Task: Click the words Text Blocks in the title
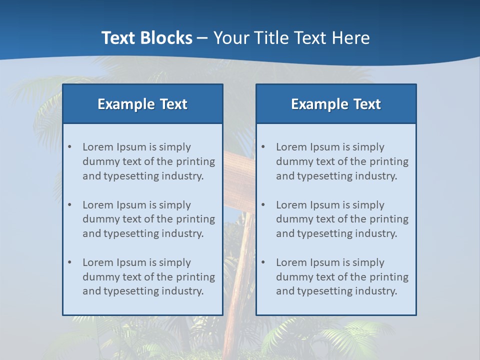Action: click(x=146, y=38)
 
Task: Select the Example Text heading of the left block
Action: click(x=142, y=104)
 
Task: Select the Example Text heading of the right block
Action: click(x=336, y=104)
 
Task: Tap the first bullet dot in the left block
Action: click(x=69, y=147)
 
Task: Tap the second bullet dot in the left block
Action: click(x=69, y=205)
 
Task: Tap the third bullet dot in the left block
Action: click(x=69, y=262)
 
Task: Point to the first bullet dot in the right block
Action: click(x=263, y=147)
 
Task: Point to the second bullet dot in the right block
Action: click(x=263, y=205)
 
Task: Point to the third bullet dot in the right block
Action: click(x=263, y=262)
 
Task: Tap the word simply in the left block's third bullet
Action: click(x=175, y=262)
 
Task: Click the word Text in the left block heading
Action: click(x=173, y=104)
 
